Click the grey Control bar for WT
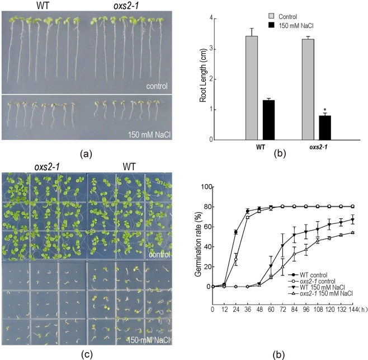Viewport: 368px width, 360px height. point(252,88)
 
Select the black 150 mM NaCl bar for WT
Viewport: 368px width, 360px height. point(268,120)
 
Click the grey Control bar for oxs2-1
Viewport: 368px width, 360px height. point(308,90)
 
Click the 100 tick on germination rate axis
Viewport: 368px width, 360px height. point(205,187)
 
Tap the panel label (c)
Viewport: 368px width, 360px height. point(87,353)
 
